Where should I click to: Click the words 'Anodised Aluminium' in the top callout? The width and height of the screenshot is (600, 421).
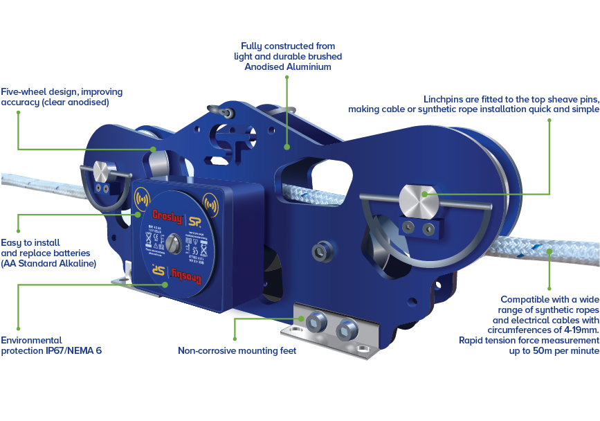coord(287,66)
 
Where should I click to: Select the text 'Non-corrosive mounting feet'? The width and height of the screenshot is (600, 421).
coord(237,350)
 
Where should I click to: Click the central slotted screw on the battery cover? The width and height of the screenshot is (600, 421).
coord(174,244)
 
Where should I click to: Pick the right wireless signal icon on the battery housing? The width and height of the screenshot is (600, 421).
coord(210,204)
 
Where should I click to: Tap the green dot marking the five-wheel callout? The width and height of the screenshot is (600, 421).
coord(153,148)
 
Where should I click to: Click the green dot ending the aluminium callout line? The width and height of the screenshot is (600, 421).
coord(287,146)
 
